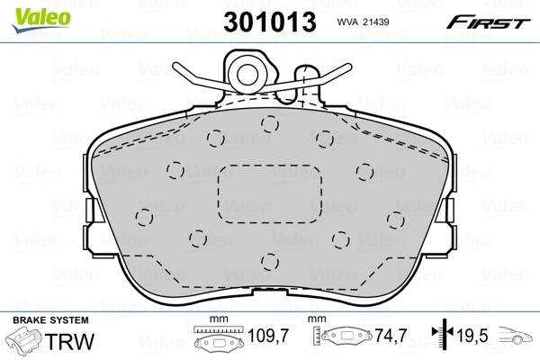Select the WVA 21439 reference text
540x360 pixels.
(363, 22)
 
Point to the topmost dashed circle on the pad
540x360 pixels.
(267, 123)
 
